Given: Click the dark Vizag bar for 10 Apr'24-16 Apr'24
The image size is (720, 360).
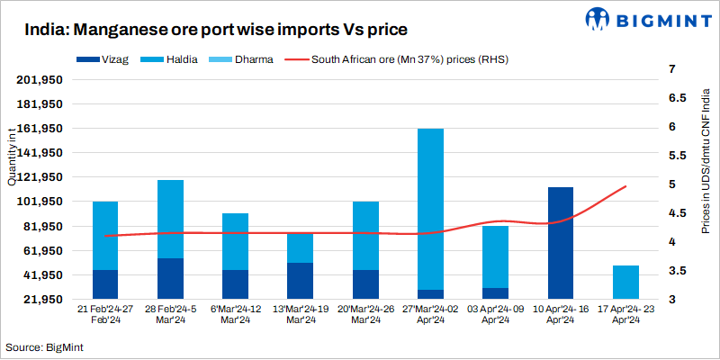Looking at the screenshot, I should click(561, 243).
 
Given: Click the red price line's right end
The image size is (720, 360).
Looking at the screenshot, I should click(625, 186).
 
